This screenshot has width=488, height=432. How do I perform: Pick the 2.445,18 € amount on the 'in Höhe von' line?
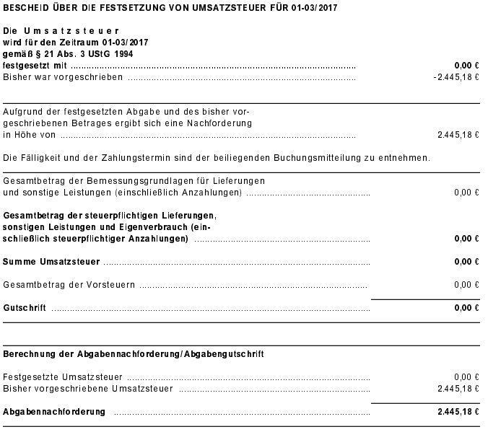pyautogui.click(x=458, y=134)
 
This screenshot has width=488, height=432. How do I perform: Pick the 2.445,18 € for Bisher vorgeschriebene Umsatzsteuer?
pyautogui.click(x=458, y=389)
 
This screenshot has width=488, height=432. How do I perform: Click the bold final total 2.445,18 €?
pyautogui.click(x=458, y=412)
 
